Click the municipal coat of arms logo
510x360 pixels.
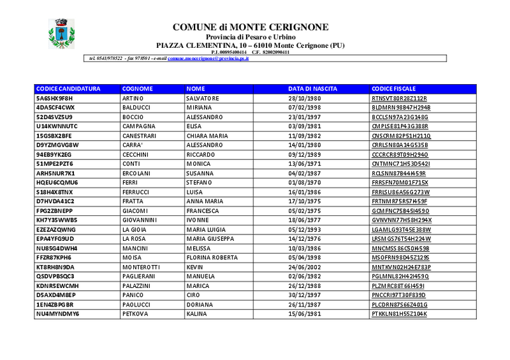[x=62, y=34]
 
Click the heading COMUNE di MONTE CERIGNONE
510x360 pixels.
[x=251, y=27]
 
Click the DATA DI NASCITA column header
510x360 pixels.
[x=312, y=89]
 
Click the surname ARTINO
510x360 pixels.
[x=133, y=98]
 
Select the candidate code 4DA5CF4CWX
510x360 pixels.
[x=55, y=108]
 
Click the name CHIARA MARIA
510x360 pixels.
[x=207, y=136]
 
